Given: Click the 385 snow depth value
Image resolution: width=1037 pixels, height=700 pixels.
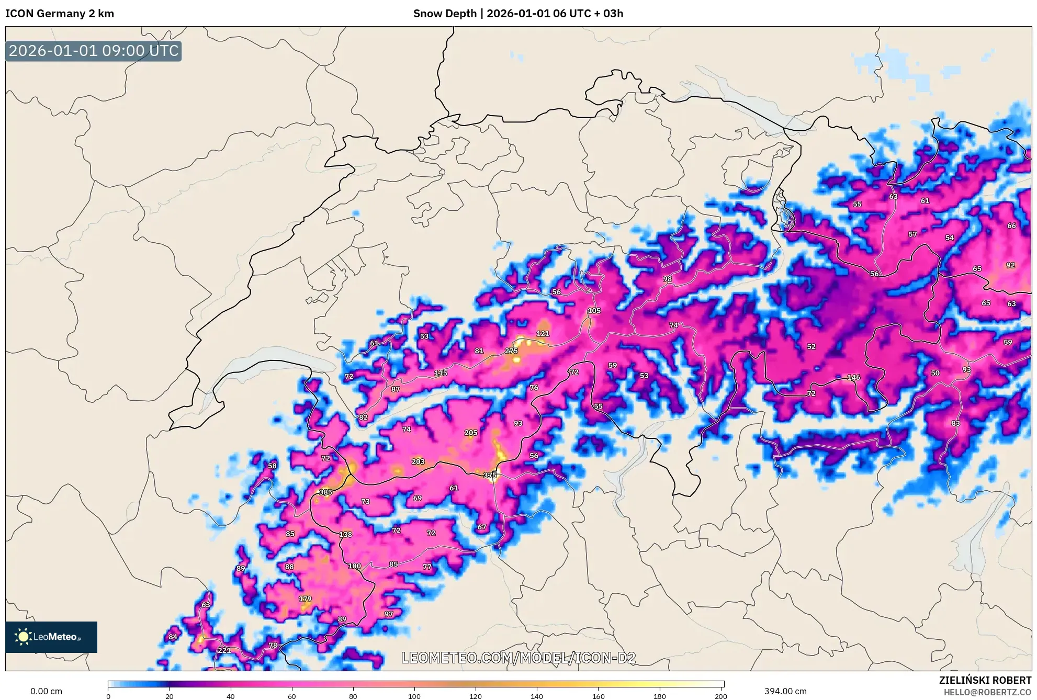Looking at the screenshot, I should point(325,492).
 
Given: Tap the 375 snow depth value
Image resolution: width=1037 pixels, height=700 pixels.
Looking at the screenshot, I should point(490,475).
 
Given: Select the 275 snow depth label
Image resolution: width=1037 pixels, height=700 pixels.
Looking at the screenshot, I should point(511,351).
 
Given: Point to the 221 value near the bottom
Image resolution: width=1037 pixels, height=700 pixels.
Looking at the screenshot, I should point(224,650).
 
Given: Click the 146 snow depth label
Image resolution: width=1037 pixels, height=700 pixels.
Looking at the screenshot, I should point(853,377).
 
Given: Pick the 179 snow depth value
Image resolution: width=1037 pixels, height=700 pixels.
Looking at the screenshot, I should point(305,599).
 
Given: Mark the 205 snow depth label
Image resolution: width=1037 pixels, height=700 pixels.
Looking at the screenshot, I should point(471,433).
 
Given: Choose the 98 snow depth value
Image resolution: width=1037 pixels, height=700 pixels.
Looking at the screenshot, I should point(667,279).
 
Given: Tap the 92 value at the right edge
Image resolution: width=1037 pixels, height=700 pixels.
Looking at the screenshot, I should point(1010,265).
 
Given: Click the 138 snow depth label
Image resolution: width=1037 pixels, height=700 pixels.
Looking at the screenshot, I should point(345,535).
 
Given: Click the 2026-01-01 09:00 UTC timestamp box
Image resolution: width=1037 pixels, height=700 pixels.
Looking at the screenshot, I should point(94,51).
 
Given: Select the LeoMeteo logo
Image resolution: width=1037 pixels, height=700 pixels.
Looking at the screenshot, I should point(51,637).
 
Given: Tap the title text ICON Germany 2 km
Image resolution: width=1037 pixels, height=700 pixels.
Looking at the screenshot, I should point(60,14).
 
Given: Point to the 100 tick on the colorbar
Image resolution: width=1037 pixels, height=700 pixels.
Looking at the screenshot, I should point(414,696).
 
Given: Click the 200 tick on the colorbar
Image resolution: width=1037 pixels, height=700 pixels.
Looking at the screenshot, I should point(721,696).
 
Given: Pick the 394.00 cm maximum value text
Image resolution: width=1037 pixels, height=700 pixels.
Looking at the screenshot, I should point(785,691).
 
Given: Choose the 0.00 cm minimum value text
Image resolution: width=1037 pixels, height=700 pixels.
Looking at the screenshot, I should point(46,691).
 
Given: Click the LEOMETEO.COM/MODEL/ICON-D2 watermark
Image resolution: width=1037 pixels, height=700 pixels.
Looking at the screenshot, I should point(518,658).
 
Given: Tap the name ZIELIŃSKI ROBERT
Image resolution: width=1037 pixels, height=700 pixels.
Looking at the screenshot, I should point(985,680).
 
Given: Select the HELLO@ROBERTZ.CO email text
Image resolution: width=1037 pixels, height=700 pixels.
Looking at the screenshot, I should point(987,692).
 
